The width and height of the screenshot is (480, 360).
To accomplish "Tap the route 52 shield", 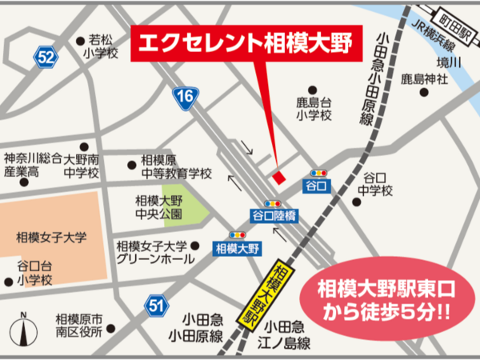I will tap(46, 57).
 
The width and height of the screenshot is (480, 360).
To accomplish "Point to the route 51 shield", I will tap(156, 304).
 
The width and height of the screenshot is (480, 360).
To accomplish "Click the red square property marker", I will tap(278, 176).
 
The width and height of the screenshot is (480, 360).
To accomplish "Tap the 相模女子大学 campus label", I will tap(50, 237).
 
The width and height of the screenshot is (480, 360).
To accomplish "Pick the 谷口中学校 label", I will tap(375, 184).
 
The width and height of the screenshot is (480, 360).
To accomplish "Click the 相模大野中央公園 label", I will tap(158, 207).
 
